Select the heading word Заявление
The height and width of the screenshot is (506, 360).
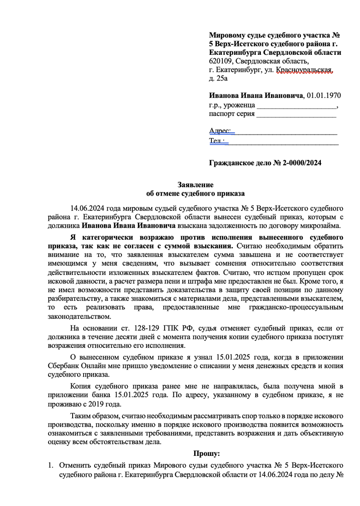(x=195, y=185)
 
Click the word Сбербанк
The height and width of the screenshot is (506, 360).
(x=65, y=366)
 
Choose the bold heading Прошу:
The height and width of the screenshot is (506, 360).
(x=206, y=454)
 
